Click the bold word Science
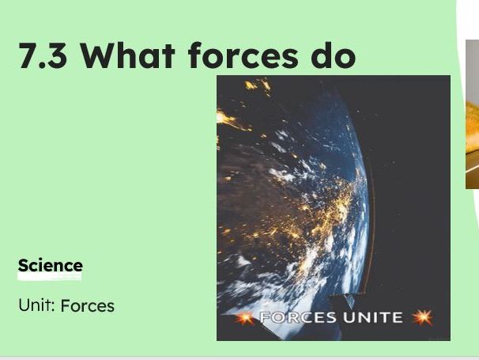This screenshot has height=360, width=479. (x=50, y=266)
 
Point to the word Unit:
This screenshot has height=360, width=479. (x=36, y=305)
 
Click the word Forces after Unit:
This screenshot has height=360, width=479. (x=87, y=305)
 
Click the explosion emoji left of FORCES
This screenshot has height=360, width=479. (x=247, y=318)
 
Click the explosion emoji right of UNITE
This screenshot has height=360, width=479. (x=422, y=318)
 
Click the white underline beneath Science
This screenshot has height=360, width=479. (x=50, y=277)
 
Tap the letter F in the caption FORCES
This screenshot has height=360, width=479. (x=265, y=318)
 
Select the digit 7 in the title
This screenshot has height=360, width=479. (x=28, y=56)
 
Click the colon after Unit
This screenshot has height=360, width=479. (x=54, y=306)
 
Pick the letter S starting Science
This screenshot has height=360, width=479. (x=24, y=266)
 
